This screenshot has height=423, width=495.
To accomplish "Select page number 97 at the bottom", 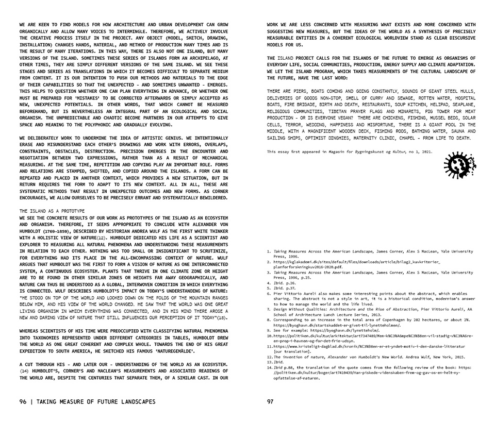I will pyautogui.click(x=270, y=401).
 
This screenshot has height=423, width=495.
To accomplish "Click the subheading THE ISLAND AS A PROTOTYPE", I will pyautogui.click(x=52, y=211).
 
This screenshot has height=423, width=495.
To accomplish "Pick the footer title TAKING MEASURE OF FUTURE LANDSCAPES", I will pyautogui.click(x=96, y=401).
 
